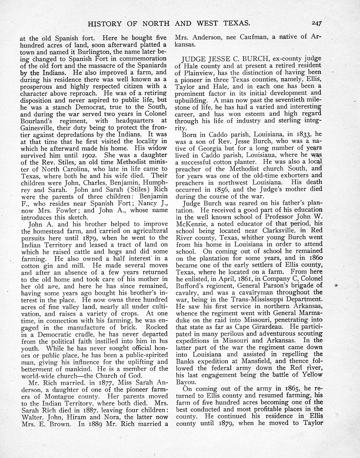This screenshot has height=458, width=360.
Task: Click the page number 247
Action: pyautogui.click(x=317, y=24)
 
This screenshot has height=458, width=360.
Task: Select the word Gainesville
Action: pyautogui.click(x=37, y=127)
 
